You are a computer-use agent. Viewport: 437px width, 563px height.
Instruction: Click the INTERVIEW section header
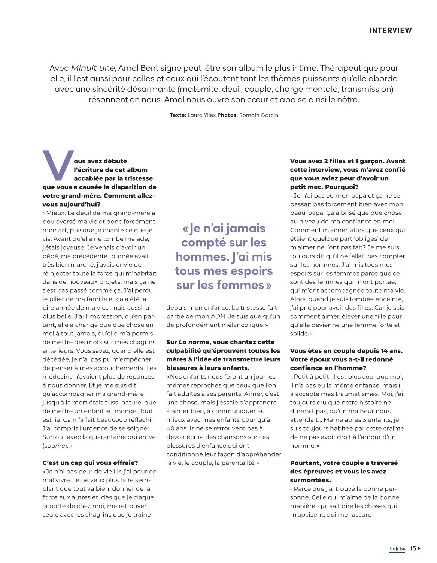pyautogui.click(x=390, y=31)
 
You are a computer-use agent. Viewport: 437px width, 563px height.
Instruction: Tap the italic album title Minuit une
pyautogui.click(x=93, y=68)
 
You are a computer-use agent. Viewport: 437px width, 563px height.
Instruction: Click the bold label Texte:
pyautogui.click(x=178, y=115)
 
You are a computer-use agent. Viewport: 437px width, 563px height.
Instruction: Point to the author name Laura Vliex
pyautogui.click(x=201, y=115)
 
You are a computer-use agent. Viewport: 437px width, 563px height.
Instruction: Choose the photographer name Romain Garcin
pyautogui.click(x=258, y=115)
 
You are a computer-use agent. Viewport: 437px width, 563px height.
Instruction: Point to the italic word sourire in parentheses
pyautogui.click(x=55, y=446)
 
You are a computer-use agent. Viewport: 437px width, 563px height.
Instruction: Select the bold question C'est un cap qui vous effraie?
pyautogui.click(x=90, y=463)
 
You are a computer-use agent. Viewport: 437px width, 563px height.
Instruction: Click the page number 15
pyautogui.click(x=413, y=548)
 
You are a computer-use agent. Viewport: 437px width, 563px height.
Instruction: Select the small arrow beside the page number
pyautogui.click(x=420, y=548)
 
